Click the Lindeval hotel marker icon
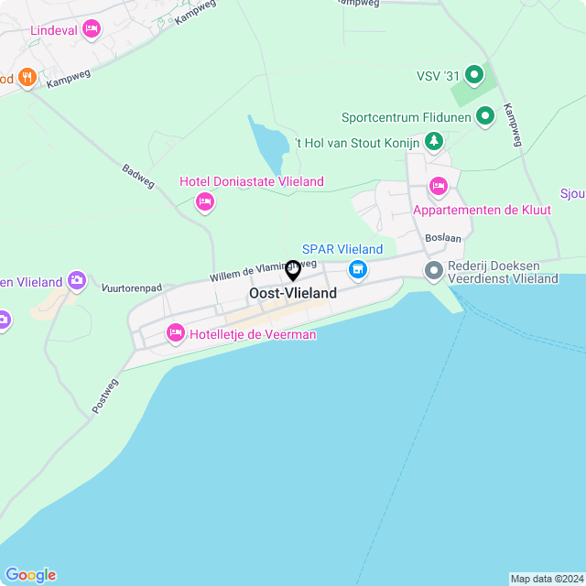pyautogui.click(x=91, y=30)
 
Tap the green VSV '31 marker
pyautogui.click(x=474, y=74)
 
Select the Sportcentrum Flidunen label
pyautogui.click(x=406, y=117)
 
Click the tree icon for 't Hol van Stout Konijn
pyautogui.click(x=433, y=141)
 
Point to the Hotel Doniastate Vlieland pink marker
pyautogui.click(x=205, y=201)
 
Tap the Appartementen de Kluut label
pyautogui.click(x=482, y=210)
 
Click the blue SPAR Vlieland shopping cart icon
pyautogui.click(x=357, y=269)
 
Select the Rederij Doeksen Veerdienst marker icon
pyautogui.click(x=433, y=269)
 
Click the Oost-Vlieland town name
pyautogui.click(x=293, y=293)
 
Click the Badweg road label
pyautogui.click(x=138, y=176)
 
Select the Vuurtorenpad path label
pyautogui.click(x=132, y=288)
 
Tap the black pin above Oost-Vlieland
pyautogui.click(x=293, y=270)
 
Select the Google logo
pyautogui.click(x=30, y=575)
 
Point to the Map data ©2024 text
pyautogui.click(x=546, y=579)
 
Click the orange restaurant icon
pyautogui.click(x=26, y=78)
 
